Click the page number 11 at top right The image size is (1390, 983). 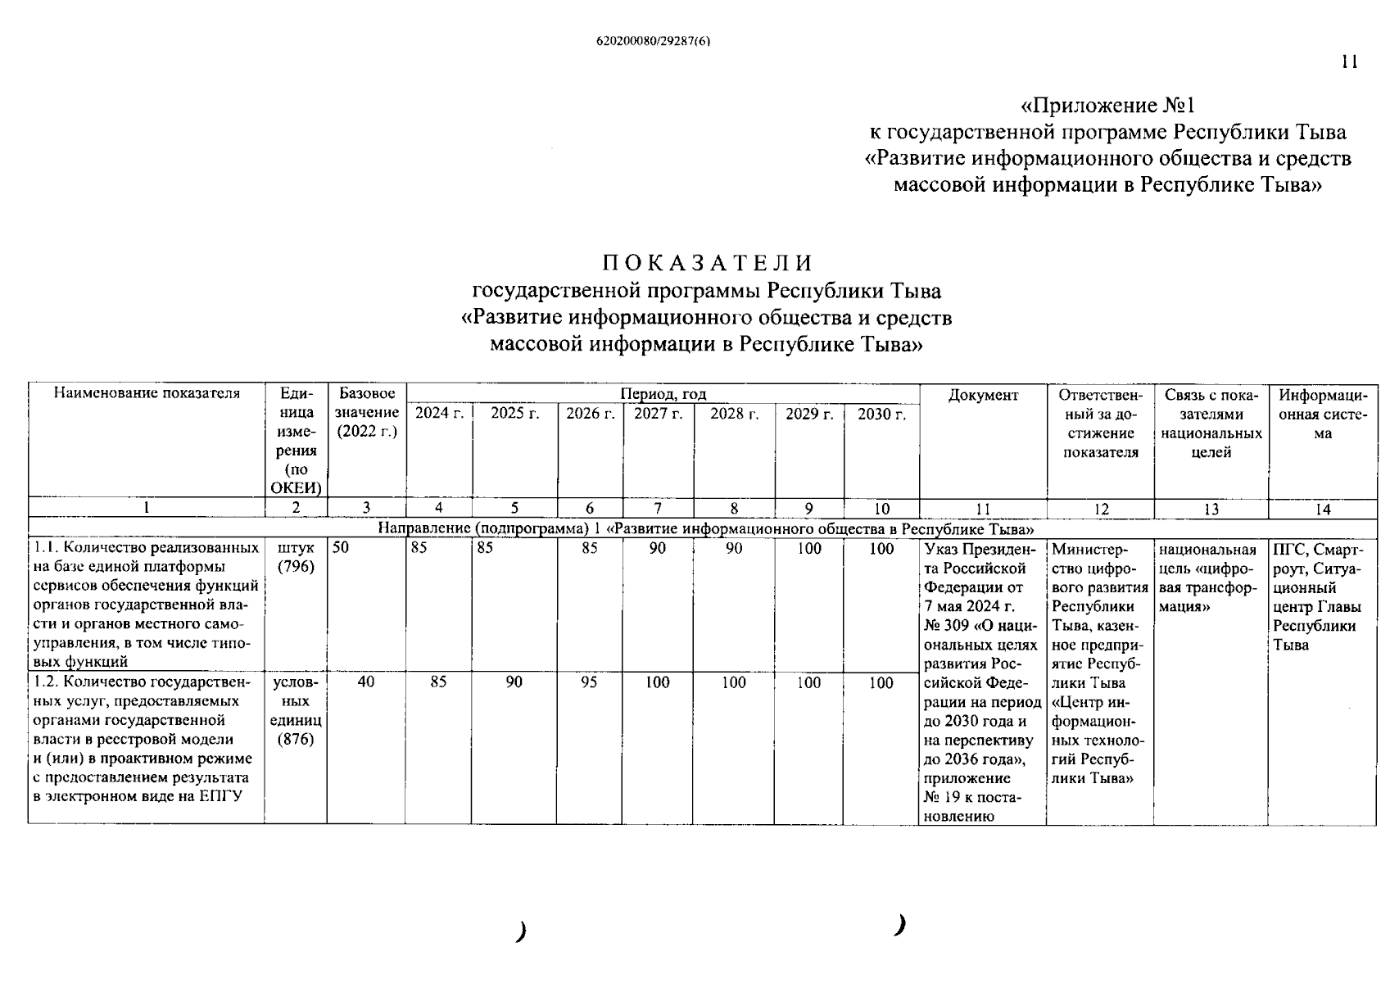point(1350,62)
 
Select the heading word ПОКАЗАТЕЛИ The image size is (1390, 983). point(708,263)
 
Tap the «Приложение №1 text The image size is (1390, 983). point(1107,106)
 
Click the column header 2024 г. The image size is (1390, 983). point(439,414)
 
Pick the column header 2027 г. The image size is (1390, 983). point(658,414)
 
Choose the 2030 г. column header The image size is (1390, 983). point(881,414)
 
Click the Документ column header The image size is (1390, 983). point(983,395)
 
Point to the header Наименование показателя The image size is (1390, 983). point(147,393)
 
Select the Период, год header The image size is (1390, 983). point(663,394)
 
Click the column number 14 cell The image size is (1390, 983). point(1323,509)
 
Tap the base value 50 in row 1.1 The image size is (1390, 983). point(341,549)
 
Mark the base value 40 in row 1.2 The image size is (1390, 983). point(366,682)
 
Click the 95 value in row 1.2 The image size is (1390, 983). point(589,682)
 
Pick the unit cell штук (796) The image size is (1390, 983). point(296,558)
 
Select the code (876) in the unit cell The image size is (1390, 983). point(296,740)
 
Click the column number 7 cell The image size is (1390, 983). point(658,509)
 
